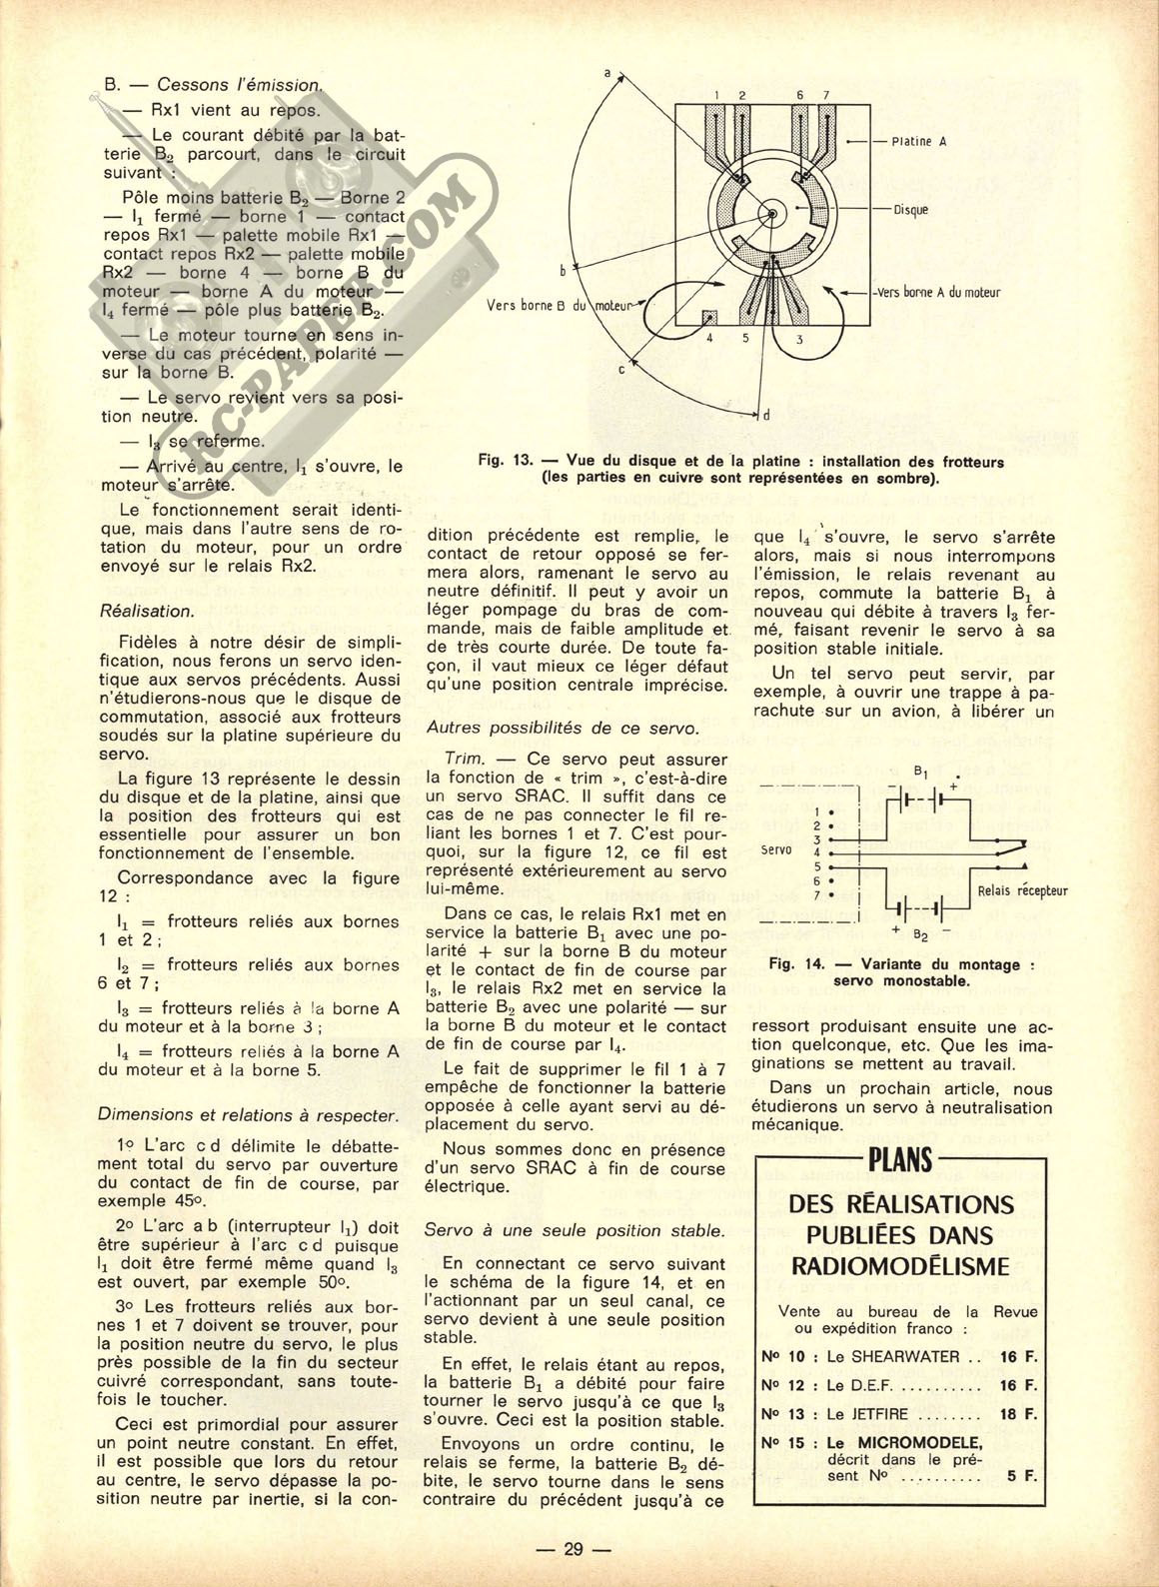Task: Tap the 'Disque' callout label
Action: coord(910,209)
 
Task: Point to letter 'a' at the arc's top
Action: coord(609,73)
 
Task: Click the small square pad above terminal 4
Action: coord(710,317)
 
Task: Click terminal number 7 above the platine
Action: coord(825,94)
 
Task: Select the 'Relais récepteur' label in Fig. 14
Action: coord(1023,890)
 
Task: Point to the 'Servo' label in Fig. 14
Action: coord(775,850)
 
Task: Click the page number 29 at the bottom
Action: coord(573,1550)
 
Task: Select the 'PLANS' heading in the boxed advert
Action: coord(900,1159)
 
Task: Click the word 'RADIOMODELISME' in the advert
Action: coord(900,1267)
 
